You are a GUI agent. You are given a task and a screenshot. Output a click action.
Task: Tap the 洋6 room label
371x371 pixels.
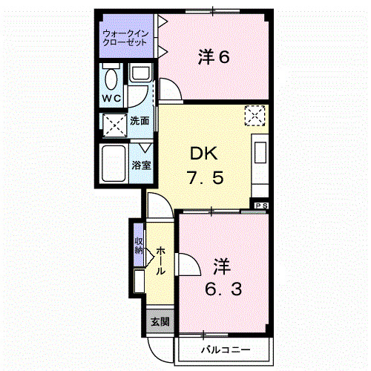click(213, 56)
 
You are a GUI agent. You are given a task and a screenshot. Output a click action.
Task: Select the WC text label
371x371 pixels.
click(111, 98)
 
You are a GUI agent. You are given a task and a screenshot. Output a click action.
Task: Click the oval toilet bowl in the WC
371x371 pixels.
click(111, 78)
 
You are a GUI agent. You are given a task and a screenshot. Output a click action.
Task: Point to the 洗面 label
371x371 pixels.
click(139, 120)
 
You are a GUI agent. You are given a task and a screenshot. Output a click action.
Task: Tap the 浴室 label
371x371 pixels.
click(141, 165)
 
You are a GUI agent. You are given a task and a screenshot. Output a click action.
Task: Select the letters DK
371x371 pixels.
click(202, 154)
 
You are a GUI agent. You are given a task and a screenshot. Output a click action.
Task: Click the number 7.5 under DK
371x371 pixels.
click(202, 179)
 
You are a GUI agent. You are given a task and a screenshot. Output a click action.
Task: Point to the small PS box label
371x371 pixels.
click(261, 206)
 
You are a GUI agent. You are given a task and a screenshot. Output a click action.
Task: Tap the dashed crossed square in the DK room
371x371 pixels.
click(255, 115)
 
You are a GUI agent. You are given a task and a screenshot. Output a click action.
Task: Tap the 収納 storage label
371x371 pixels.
click(139, 246)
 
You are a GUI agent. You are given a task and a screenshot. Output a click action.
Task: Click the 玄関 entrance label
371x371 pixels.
click(160, 321)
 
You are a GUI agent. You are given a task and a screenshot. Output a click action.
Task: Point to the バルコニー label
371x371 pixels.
click(225, 349)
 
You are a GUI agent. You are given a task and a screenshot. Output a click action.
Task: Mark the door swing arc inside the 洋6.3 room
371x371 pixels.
click(186, 266)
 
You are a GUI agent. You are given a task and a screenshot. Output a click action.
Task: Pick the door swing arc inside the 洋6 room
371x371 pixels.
click(171, 89)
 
